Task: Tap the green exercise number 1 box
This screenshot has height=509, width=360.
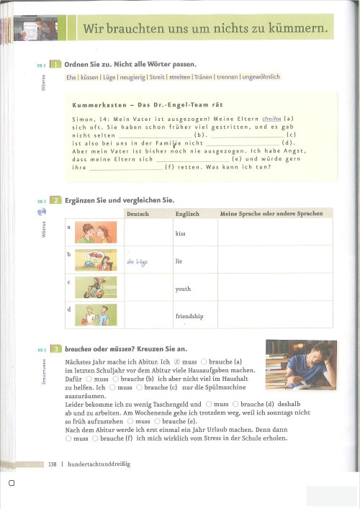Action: [55, 64]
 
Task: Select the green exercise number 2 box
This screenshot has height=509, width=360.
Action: [55, 200]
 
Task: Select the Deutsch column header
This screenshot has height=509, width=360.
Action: [138, 214]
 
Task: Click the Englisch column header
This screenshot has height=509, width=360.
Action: [187, 214]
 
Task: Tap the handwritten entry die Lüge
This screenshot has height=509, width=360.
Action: [137, 261]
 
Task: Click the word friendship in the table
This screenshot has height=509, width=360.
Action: [189, 316]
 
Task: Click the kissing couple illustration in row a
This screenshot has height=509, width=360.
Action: [96, 232]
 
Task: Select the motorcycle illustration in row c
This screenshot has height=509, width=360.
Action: [96, 286]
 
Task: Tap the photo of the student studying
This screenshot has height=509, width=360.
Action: [301, 364]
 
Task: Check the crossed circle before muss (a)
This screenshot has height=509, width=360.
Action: [174, 361]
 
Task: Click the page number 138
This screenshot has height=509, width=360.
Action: [52, 464]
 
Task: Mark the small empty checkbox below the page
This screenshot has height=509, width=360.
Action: [11, 484]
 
